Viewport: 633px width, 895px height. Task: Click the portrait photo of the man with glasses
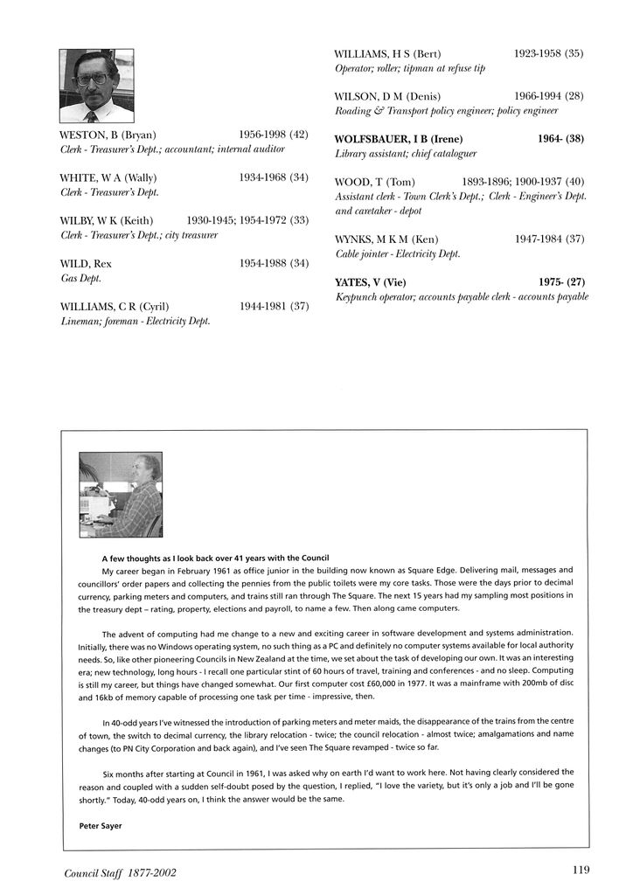click(x=96, y=86)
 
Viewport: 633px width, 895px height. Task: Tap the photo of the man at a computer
click(x=120, y=495)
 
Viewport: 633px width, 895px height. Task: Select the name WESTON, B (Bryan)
click(x=108, y=135)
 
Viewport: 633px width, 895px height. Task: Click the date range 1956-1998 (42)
click(x=274, y=135)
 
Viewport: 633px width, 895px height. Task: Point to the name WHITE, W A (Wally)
click(x=108, y=177)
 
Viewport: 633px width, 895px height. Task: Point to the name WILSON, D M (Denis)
click(x=387, y=96)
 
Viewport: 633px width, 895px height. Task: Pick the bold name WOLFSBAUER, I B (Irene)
click(x=399, y=139)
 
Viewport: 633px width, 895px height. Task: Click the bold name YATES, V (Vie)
click(x=371, y=282)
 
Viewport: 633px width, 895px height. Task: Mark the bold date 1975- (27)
click(x=561, y=282)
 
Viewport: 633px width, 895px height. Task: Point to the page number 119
click(x=581, y=869)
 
